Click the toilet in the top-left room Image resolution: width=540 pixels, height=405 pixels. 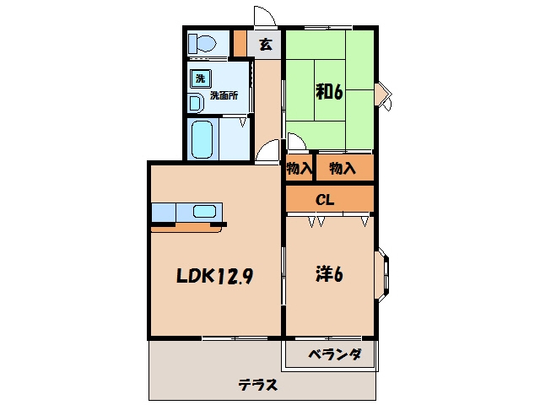point(202,44)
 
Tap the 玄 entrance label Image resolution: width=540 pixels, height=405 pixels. point(266,44)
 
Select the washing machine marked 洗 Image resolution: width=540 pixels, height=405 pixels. point(201,78)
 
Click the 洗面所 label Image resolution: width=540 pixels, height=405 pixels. point(224,95)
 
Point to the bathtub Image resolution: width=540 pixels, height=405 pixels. point(202,139)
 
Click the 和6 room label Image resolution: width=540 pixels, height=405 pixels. point(329,92)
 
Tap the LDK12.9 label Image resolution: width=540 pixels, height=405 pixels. point(215,276)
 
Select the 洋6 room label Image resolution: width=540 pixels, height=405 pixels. point(329,274)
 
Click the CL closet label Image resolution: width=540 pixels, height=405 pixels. point(325,200)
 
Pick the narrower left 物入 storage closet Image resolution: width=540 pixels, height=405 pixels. point(299,168)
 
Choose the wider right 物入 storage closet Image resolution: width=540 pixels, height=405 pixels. point(345,168)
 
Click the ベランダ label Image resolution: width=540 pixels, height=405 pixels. point(335,354)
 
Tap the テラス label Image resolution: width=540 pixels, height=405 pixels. point(258,385)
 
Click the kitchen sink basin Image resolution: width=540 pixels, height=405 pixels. point(204,211)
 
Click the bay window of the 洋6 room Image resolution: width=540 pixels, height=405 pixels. point(382,274)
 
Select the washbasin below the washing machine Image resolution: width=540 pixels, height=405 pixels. point(195,103)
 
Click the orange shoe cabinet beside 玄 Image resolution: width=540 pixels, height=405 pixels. point(240,43)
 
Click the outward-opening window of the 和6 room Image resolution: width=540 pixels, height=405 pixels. point(385,95)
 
